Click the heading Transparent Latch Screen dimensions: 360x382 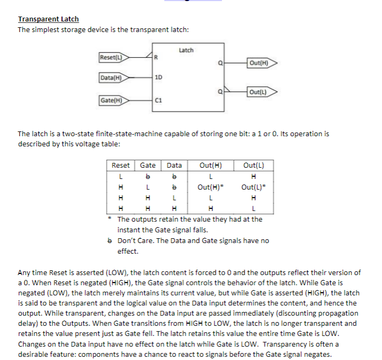pos(49,19)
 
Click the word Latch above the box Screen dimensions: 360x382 pos(186,50)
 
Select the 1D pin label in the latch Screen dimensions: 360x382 pos(158,78)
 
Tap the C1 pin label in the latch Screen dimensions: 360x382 pos(158,99)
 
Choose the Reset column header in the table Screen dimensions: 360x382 pos(121,166)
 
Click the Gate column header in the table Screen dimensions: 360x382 pos(148,166)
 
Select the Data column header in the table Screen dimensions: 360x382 pos(174,166)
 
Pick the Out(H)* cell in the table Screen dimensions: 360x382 pos(211,187)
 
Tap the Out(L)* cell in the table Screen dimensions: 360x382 pos(253,187)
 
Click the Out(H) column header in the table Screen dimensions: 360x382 pos(211,166)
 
